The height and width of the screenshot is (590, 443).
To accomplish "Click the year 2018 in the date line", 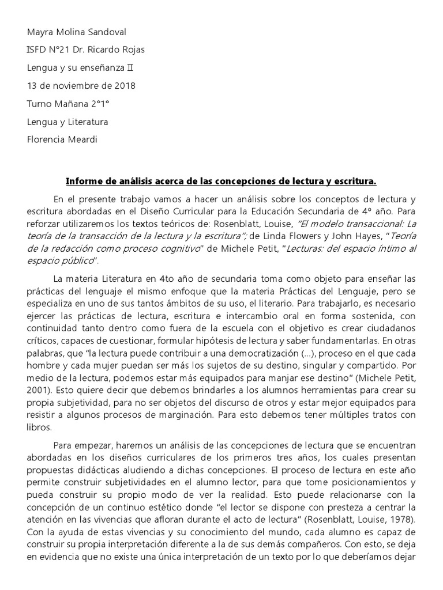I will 125,86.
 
